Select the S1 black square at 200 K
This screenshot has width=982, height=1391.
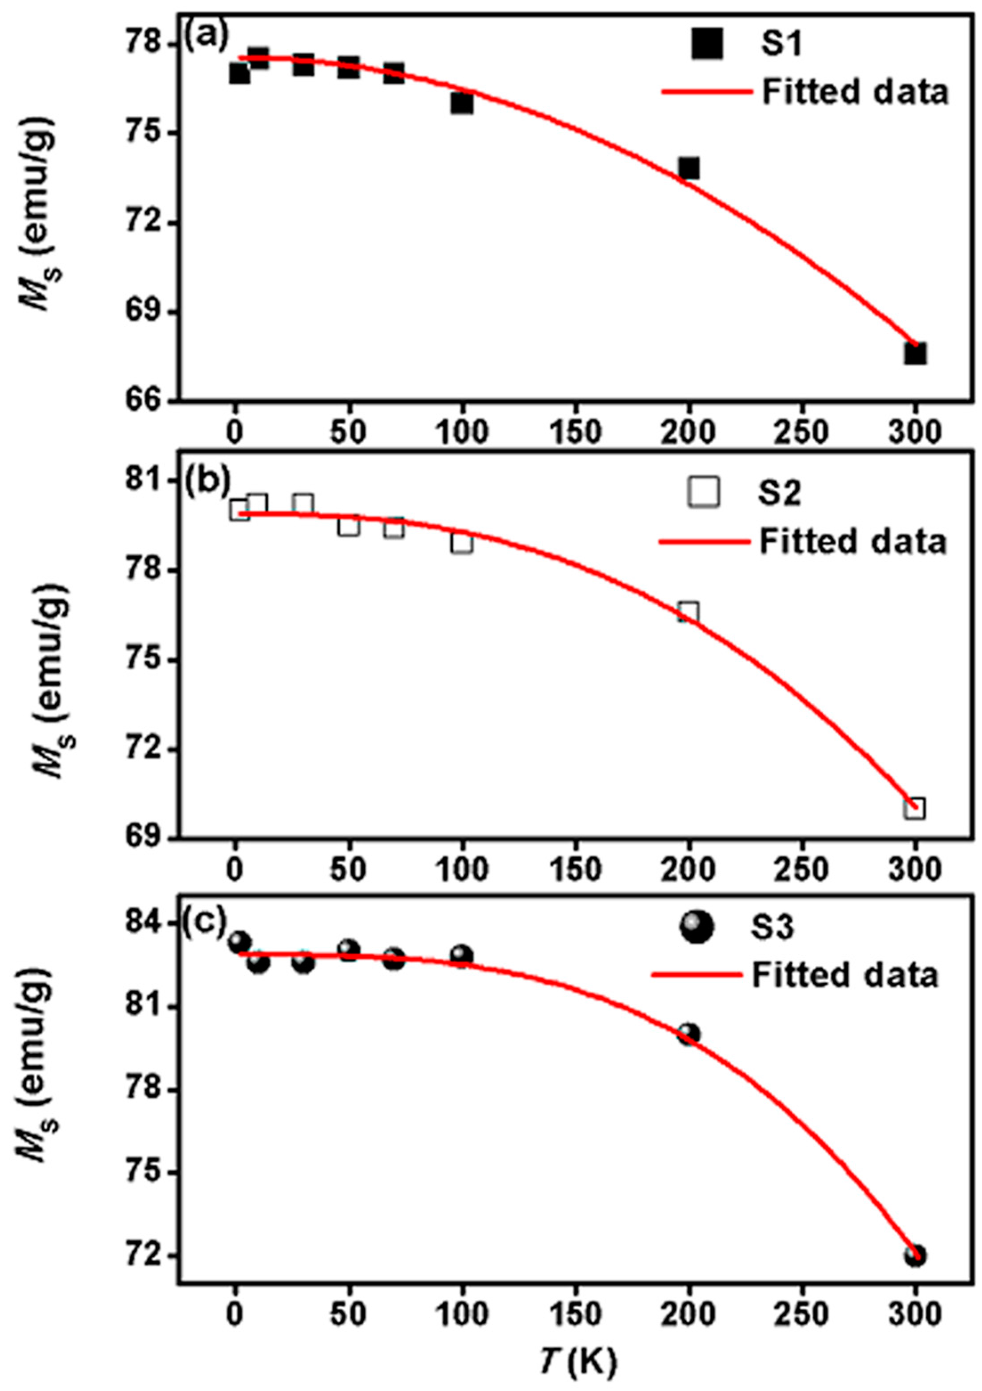pyautogui.click(x=688, y=168)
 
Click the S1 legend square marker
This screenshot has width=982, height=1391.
pyautogui.click(x=707, y=45)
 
